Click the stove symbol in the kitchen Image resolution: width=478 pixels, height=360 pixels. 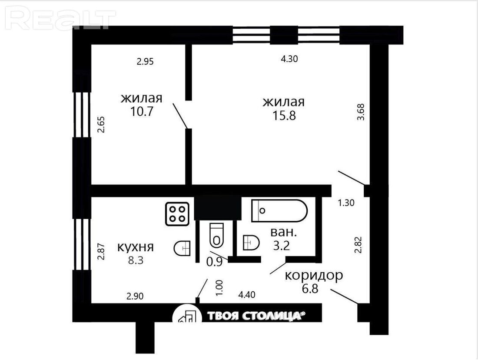(177, 214)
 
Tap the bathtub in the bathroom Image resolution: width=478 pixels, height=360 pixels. (279, 210)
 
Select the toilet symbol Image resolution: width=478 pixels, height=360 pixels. (217, 235)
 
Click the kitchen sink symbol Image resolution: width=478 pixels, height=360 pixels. (182, 248)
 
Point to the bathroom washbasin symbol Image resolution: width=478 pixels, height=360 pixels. (251, 243)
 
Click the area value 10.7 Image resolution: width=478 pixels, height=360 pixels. (142, 112)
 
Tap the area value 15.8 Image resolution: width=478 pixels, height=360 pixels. (284, 116)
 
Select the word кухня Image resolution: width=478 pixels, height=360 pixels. (136, 247)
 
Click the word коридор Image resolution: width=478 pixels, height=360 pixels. (314, 276)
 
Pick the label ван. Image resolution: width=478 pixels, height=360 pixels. (283, 233)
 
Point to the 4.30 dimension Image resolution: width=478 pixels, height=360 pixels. (289, 59)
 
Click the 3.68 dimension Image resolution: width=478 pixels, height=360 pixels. (361, 112)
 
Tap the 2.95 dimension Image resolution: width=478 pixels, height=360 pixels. (145, 62)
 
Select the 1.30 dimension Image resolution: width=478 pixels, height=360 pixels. (346, 203)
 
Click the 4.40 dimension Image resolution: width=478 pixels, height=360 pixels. (247, 295)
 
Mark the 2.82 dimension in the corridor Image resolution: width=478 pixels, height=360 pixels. (358, 245)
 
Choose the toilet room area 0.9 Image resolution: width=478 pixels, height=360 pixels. (214, 262)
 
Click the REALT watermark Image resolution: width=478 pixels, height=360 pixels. (60, 19)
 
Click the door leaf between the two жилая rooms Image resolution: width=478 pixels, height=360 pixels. (180, 116)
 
